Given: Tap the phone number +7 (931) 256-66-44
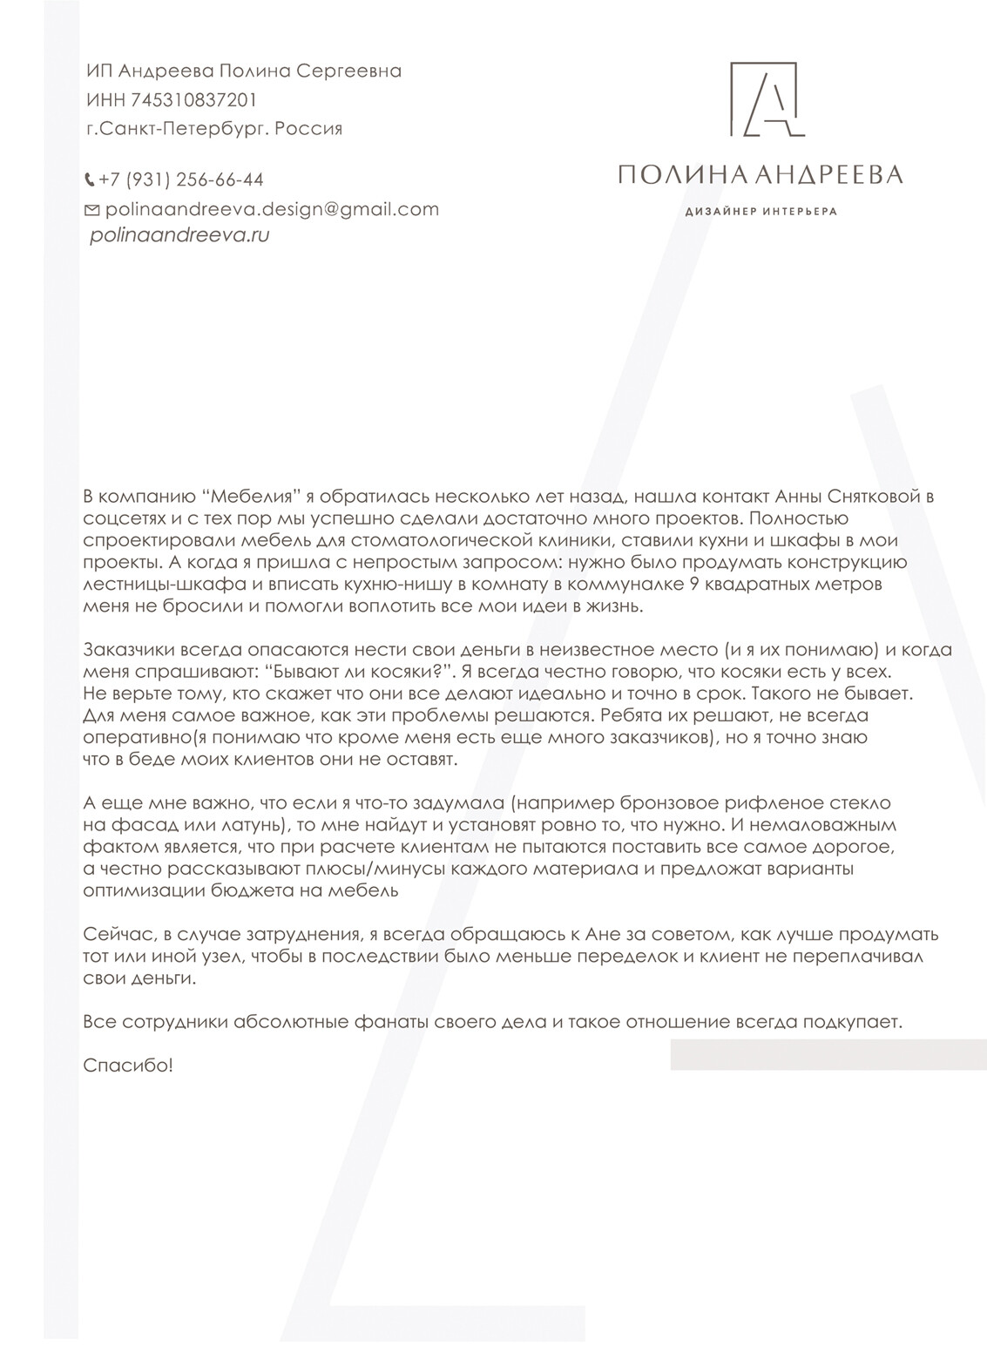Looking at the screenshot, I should coord(181,180).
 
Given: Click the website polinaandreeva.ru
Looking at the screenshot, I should coord(179,235).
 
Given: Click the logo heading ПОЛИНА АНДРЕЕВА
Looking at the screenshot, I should coord(760,175).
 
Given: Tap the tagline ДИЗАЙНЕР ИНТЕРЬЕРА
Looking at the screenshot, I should coord(761,212).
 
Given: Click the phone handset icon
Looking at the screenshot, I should coord(90,181).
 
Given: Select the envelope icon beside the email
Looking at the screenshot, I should coord(91,210).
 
